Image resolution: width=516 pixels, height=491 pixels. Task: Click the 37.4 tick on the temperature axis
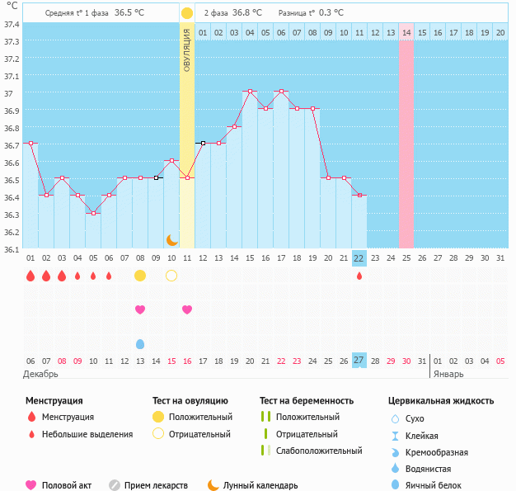click(x=11, y=24)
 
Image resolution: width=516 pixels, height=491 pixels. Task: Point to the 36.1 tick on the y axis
click(x=11, y=248)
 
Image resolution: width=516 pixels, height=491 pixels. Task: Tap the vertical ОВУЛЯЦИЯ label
click(x=187, y=50)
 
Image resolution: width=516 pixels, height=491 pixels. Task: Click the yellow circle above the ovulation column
click(x=187, y=13)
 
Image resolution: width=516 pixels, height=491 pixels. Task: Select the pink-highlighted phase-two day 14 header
click(x=406, y=32)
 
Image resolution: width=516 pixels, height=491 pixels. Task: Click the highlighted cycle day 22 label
click(x=359, y=257)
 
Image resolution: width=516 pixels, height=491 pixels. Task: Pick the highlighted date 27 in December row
click(x=359, y=361)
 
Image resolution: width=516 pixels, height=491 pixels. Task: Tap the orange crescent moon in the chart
click(x=171, y=239)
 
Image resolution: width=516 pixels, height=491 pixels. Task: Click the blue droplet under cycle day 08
click(x=140, y=343)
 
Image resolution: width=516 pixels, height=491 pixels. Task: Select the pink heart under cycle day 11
click(x=187, y=309)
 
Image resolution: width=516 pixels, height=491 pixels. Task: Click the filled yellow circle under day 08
click(x=140, y=275)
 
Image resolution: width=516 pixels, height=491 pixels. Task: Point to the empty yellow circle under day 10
click(x=171, y=275)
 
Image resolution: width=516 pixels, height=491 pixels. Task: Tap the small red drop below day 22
click(x=359, y=276)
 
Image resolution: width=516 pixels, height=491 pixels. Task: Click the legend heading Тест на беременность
click(x=306, y=400)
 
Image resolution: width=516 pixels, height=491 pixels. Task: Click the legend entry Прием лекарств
click(x=156, y=485)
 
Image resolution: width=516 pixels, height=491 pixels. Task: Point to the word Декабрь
click(x=40, y=374)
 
